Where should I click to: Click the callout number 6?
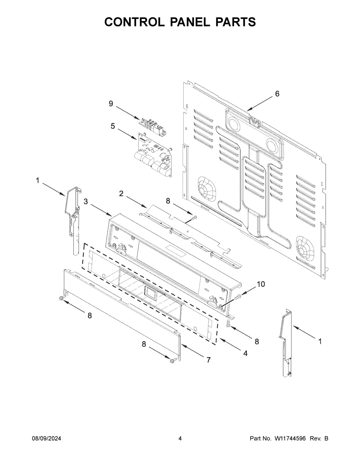coord(277,94)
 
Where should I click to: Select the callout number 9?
coord(111,104)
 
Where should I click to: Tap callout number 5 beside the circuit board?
coord(113,126)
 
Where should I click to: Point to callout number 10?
coord(261,284)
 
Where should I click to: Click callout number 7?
coord(208,360)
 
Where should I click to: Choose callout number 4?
coord(245,354)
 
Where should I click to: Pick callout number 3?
coord(86,202)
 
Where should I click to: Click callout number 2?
coord(121,194)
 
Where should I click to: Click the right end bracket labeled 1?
coord(286,342)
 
